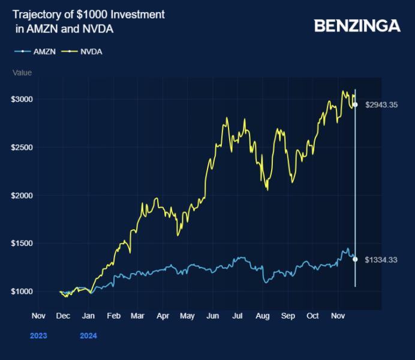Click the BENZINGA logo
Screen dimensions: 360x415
pyautogui.click(x=357, y=25)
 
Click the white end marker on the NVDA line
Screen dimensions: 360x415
pyautogui.click(x=355, y=104)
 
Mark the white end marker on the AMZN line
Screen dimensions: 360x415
pyautogui.click(x=355, y=259)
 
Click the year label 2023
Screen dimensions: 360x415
pyautogui.click(x=38, y=336)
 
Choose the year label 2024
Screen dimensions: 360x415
pyautogui.click(x=88, y=336)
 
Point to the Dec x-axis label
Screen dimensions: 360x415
pyautogui.click(x=63, y=315)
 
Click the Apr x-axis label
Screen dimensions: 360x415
pyautogui.click(x=163, y=315)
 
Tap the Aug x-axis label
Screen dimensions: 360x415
pyautogui.click(x=262, y=315)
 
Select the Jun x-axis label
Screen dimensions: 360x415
pyautogui.click(x=212, y=315)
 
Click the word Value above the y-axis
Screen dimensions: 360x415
pyautogui.click(x=22, y=73)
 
